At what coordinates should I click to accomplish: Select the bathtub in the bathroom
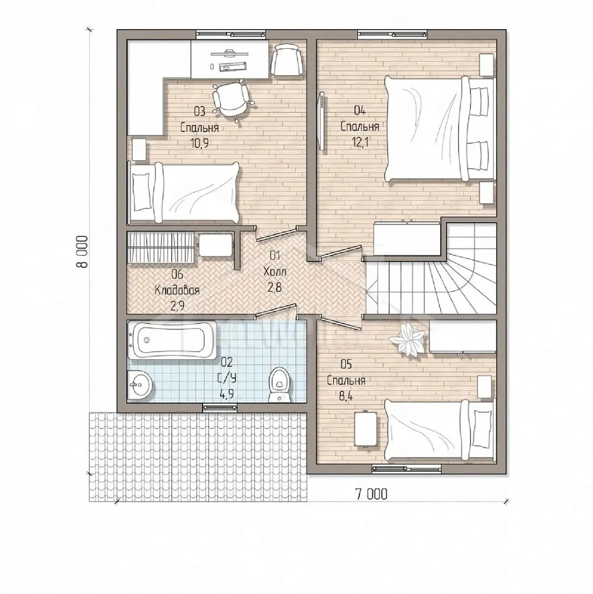(172, 340)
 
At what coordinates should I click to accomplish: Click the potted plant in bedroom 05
(407, 339)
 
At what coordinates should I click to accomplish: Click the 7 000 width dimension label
(371, 494)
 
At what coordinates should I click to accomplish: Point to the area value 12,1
(360, 142)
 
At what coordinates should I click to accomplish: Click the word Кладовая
(177, 290)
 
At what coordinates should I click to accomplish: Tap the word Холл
(275, 271)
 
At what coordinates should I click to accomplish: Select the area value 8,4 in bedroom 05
(346, 395)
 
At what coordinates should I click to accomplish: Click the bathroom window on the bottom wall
(220, 407)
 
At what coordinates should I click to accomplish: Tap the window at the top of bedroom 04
(392, 34)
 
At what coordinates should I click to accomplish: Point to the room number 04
(360, 110)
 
